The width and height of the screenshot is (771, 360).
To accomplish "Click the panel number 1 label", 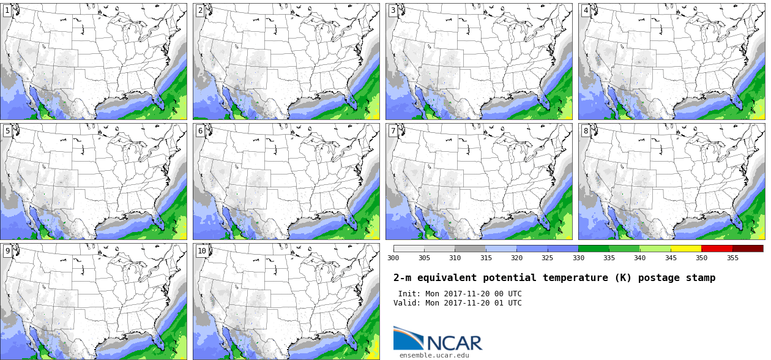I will click(x=7, y=10).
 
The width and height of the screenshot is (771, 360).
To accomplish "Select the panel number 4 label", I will click(x=586, y=10).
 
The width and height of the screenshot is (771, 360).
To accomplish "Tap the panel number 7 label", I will click(x=393, y=130).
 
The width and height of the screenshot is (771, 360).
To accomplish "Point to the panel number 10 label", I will click(x=201, y=250).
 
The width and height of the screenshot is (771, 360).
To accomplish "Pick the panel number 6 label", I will click(x=200, y=130).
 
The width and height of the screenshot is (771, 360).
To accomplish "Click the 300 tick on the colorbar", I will click(x=393, y=258).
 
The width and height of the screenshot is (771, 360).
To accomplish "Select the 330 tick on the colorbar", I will click(x=578, y=258).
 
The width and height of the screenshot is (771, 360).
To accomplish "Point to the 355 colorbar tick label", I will click(x=732, y=258).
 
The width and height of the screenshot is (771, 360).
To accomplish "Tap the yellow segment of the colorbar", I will click(x=686, y=249).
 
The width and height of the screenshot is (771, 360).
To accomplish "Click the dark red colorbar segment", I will click(x=748, y=249).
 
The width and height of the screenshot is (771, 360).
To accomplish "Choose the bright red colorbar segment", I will click(x=717, y=249).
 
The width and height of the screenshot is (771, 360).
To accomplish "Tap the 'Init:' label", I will click(x=409, y=294).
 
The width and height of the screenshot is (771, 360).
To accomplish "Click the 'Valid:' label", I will click(x=407, y=303).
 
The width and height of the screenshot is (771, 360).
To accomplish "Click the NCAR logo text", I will click(x=454, y=343).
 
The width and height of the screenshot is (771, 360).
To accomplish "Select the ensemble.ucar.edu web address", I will click(x=434, y=355).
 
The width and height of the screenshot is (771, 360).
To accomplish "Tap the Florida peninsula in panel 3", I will click(x=546, y=100).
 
